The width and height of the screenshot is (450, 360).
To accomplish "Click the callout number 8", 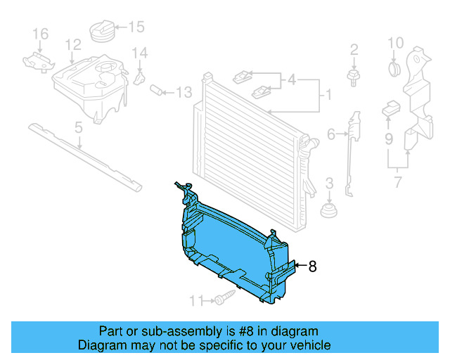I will [312, 266].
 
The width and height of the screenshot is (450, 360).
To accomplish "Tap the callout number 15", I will [136, 27].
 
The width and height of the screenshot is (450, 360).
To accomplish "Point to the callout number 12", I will [74, 45].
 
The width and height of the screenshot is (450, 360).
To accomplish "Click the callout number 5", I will [79, 127].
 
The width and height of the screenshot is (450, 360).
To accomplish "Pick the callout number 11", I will [195, 301].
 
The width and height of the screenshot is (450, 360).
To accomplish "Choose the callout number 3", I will [328, 185].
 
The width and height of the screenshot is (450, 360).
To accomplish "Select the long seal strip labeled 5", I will [84, 156].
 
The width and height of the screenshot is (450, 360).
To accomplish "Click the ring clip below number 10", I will [394, 69].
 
